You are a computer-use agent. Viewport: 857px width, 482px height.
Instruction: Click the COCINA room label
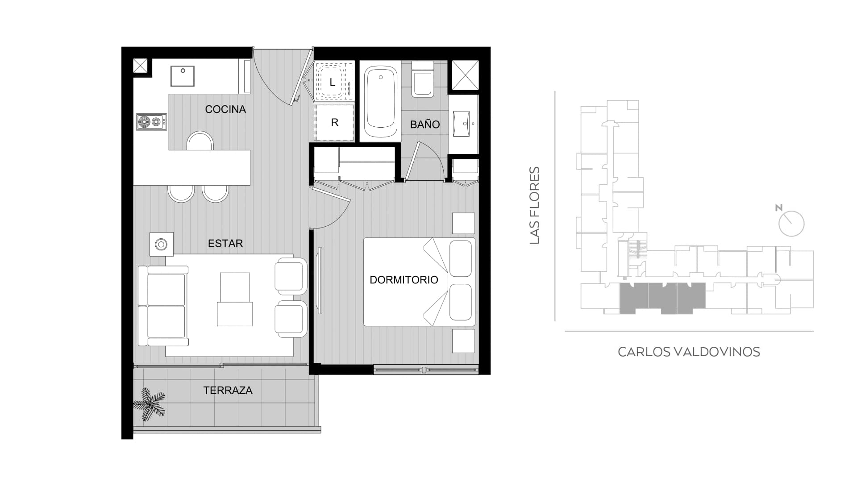[x=225, y=109]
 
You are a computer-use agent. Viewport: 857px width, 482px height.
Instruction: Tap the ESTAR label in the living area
[x=225, y=243]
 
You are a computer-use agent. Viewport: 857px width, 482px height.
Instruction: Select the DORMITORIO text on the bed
[x=404, y=280]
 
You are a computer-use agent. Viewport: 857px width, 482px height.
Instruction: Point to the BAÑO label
[x=425, y=125]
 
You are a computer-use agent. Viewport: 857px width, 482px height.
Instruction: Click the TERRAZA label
[x=228, y=391]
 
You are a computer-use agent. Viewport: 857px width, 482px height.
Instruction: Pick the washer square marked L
[x=333, y=82]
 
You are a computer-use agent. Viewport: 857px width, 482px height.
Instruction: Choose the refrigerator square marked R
[x=334, y=122]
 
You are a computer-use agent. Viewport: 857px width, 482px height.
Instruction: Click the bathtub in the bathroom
[x=381, y=102]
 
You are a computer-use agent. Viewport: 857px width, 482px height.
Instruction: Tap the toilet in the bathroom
[x=422, y=79]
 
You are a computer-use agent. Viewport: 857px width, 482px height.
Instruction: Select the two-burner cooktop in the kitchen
[x=151, y=121]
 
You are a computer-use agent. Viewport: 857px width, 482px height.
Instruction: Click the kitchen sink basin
[x=183, y=76]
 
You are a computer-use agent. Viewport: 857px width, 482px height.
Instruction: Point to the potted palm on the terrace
[x=150, y=404]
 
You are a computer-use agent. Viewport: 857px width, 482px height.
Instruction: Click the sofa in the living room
[x=163, y=306]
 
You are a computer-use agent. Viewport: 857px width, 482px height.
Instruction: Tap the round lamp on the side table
[x=161, y=244]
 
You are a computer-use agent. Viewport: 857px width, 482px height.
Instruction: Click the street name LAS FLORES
[x=534, y=205]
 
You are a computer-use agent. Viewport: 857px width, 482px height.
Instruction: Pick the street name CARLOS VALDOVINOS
[x=689, y=352]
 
